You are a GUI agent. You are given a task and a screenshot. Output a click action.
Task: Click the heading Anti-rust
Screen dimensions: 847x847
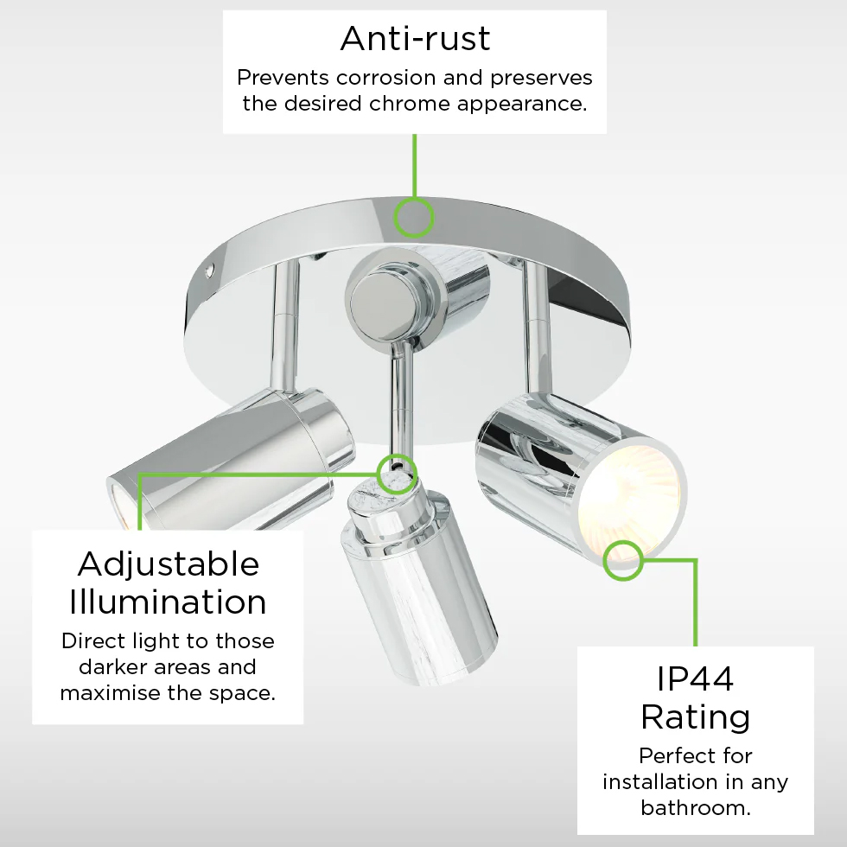point(415,38)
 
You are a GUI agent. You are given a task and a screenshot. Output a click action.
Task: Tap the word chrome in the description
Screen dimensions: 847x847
point(410,103)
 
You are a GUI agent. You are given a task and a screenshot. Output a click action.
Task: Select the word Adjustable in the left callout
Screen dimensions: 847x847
point(169,565)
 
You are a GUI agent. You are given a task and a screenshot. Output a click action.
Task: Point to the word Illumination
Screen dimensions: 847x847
point(168,602)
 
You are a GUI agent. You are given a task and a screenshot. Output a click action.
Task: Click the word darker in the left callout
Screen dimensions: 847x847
point(113,666)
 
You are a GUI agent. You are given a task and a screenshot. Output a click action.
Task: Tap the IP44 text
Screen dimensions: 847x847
point(695,678)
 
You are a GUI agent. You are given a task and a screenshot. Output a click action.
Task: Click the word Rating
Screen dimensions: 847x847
point(696,717)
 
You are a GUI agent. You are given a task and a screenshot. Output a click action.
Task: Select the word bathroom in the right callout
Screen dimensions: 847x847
point(696,807)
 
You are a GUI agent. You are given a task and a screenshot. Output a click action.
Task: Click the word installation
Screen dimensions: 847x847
point(659,781)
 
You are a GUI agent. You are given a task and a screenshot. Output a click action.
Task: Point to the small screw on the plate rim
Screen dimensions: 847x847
point(211,270)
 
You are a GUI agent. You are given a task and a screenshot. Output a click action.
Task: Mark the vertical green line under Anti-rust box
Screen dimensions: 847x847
point(414,165)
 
